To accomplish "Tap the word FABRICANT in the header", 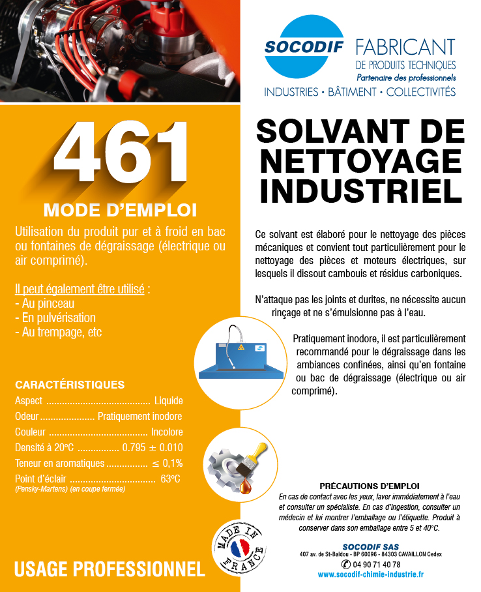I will [x=405, y=47].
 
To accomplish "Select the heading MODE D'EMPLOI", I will [x=120, y=210].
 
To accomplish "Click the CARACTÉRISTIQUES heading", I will [x=70, y=384].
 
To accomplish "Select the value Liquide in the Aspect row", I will [x=168, y=400].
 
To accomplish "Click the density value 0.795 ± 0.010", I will [x=152, y=448].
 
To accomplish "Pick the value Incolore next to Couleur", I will [x=167, y=432].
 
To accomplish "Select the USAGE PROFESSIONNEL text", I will [x=109, y=569].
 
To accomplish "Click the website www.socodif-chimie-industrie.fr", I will [x=371, y=574].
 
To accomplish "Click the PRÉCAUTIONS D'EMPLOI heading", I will [x=370, y=486].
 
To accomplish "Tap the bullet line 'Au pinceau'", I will [x=44, y=304].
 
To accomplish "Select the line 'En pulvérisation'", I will [x=55, y=318].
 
